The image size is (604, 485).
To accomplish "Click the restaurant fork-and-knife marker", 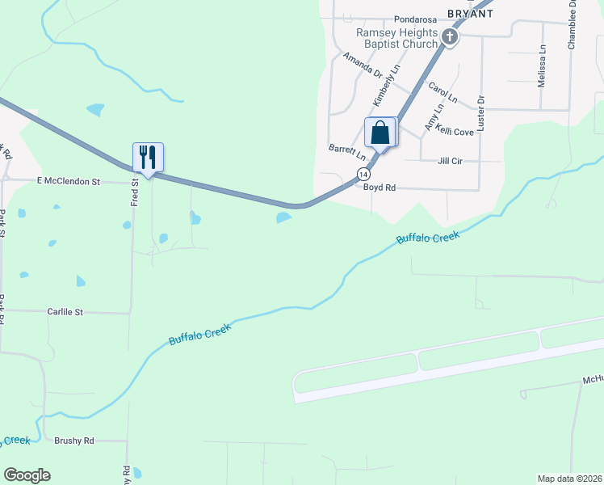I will pos(148,157).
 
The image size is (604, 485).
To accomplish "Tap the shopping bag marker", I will pos(380,133).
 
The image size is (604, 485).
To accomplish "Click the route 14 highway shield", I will pos(363,175).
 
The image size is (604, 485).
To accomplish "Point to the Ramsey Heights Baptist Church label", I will pos(397,38).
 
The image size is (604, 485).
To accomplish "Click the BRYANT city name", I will pos(470,14).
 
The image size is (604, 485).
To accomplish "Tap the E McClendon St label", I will pos(68,182).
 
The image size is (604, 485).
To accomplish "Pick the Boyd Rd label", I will pos(379,188).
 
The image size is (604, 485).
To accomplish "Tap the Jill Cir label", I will pos(449,161).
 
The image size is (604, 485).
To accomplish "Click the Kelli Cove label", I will pos(454,130).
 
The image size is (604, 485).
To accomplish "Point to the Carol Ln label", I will pos(443,91).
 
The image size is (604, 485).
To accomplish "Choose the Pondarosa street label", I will pos(414,19).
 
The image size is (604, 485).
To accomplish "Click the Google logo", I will pos(27,475).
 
